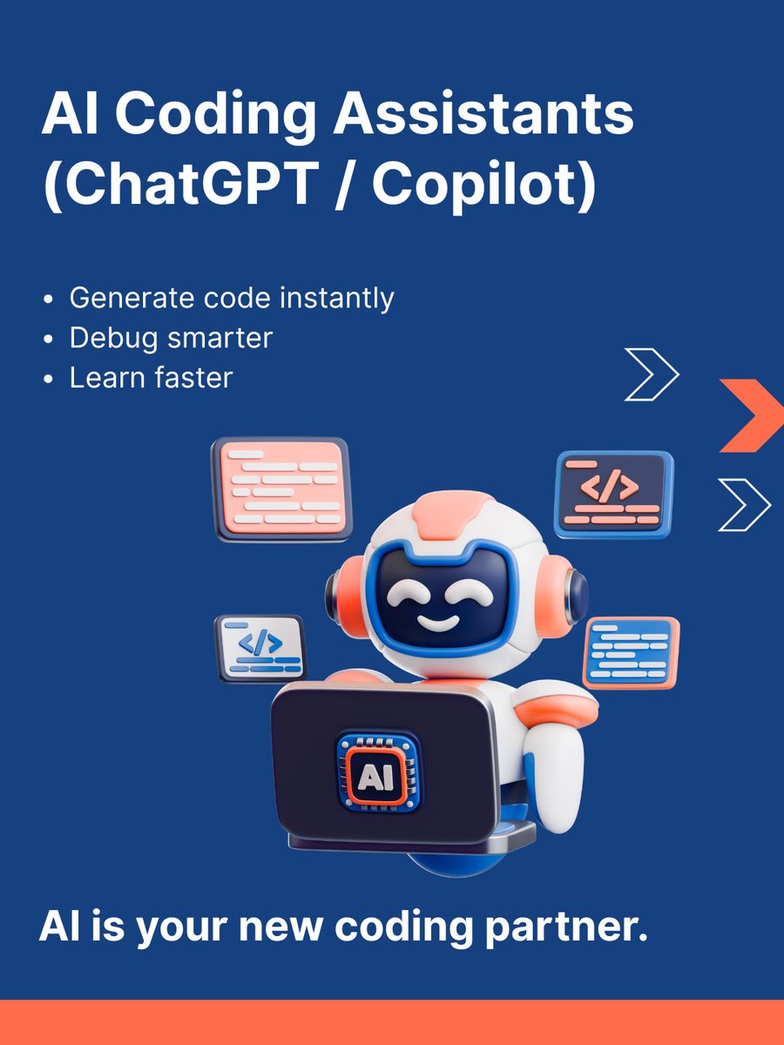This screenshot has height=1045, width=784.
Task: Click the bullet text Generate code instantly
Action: [232, 298]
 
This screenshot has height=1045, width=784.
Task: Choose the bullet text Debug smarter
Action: [171, 338]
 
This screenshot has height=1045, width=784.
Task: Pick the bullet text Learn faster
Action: [151, 377]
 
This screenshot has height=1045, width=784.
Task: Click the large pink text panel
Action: [280, 488]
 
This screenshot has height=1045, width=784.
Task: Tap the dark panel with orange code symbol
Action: [614, 494]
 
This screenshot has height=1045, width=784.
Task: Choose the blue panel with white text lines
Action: [630, 651]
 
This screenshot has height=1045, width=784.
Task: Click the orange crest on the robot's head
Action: [456, 515]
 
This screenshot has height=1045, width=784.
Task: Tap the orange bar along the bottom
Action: [392, 1022]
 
